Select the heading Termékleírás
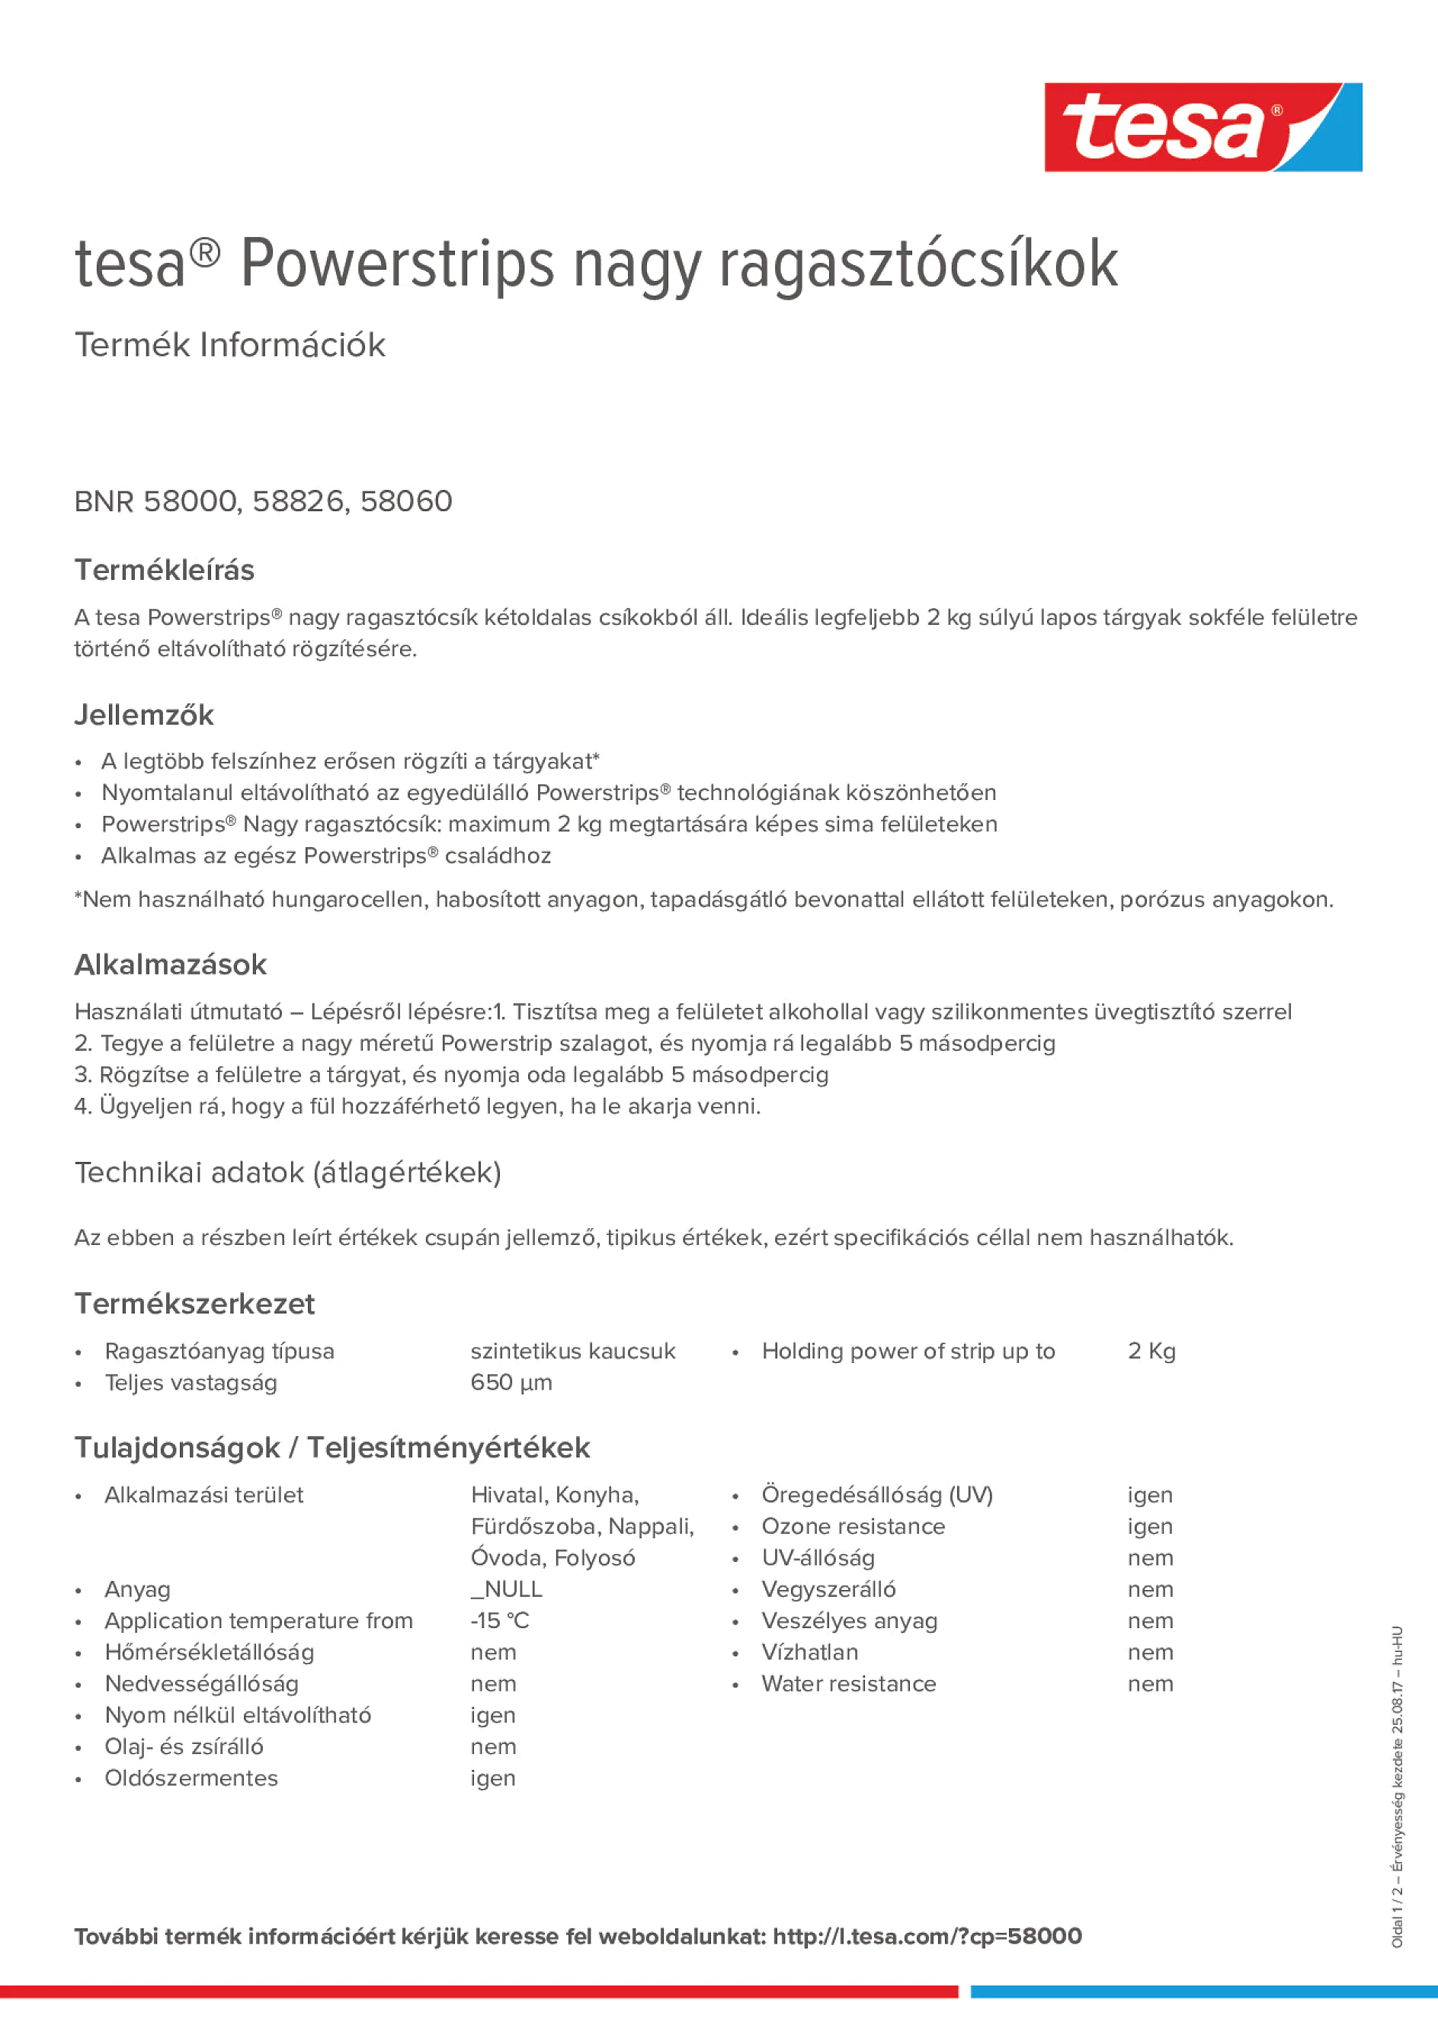click(164, 570)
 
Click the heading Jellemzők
click(143, 715)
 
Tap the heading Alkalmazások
click(170, 965)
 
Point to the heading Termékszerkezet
click(194, 1303)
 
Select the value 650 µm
click(511, 1383)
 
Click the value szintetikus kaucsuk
click(573, 1351)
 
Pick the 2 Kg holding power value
click(1151, 1351)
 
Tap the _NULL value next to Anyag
click(506, 1589)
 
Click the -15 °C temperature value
click(499, 1621)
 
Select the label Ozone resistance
click(853, 1526)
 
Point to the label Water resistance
click(848, 1683)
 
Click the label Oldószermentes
click(191, 1778)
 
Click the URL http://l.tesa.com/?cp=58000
click(927, 1936)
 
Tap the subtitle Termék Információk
click(229, 345)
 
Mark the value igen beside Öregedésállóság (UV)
click(1150, 1496)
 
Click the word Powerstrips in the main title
click(396, 264)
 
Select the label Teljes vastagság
click(191, 1383)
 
